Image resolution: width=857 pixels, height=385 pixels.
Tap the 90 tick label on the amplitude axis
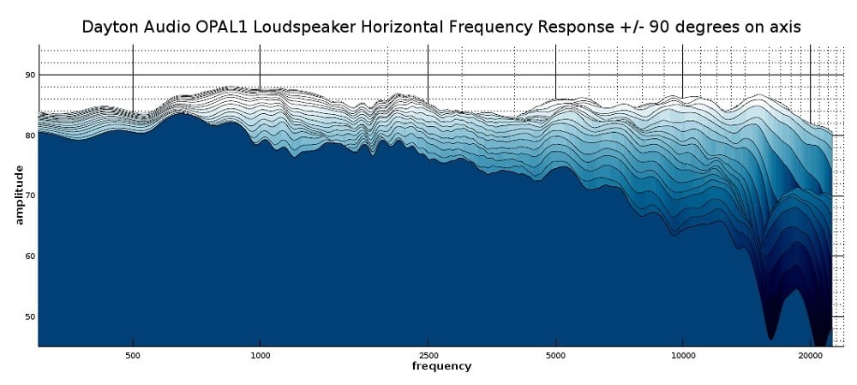point(30,75)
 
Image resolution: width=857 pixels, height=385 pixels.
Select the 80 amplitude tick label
point(30,135)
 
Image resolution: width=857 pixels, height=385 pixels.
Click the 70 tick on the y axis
point(30,196)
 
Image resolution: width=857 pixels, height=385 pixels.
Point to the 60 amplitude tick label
point(30,256)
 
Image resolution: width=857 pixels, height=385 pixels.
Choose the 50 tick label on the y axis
point(30,317)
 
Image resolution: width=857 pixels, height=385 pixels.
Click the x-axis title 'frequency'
point(441,366)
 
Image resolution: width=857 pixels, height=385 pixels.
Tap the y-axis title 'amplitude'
point(18,195)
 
